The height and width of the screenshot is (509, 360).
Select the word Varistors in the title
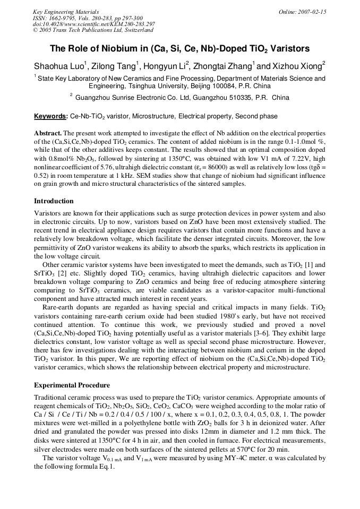click(x=290, y=49)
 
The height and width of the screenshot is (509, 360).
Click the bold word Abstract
click(x=48, y=133)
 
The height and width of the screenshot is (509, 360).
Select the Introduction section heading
click(x=54, y=201)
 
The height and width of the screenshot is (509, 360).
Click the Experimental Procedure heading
click(x=72, y=385)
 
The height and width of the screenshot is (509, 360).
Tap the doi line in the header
click(x=94, y=24)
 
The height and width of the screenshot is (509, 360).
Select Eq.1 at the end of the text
click(x=107, y=466)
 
